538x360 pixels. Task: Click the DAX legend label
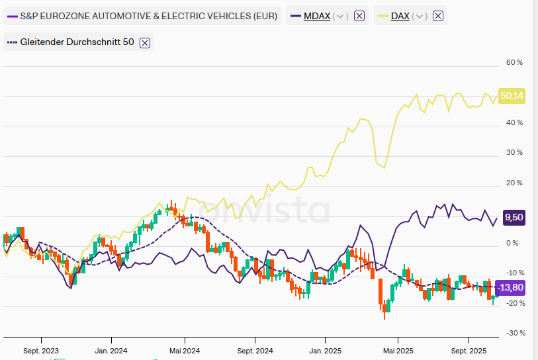tap(400, 16)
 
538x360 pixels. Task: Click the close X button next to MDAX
tap(359, 16)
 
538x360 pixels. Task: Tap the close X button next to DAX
tap(437, 16)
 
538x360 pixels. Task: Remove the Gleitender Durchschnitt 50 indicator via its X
tap(145, 42)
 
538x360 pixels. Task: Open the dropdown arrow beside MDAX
tap(341, 16)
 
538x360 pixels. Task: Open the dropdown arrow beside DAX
tap(420, 16)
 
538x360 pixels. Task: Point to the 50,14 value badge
tap(512, 96)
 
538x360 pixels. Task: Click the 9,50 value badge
tap(514, 217)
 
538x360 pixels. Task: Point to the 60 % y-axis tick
tap(514, 62)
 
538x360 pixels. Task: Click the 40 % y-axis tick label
tap(514, 122)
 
